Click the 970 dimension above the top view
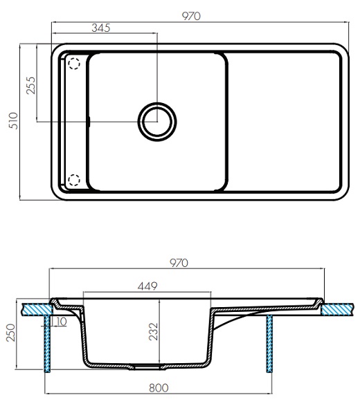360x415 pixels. click(x=191, y=16)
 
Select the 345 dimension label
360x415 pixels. click(x=100, y=28)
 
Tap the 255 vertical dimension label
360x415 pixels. click(x=30, y=85)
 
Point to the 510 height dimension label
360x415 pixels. click(x=14, y=120)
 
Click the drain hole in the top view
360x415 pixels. click(x=157, y=122)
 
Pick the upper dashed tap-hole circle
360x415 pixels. click(x=74, y=64)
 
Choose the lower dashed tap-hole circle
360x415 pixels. click(x=74, y=180)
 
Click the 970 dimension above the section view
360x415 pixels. click(x=179, y=263)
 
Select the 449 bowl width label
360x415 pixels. click(x=147, y=286)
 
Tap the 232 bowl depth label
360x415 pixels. click(x=154, y=331)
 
